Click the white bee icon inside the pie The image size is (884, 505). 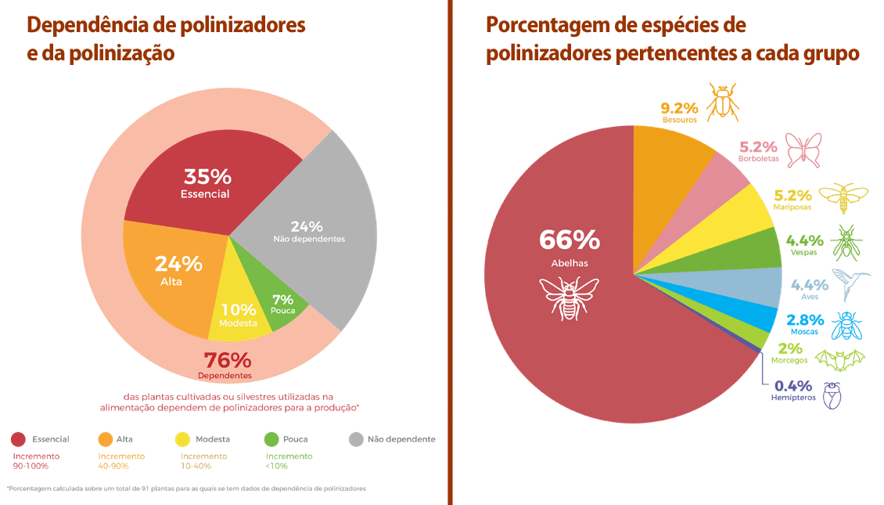(569, 295)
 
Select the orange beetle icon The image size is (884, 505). (723, 102)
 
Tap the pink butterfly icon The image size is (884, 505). (804, 149)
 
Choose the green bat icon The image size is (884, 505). (840, 359)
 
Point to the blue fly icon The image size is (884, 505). (846, 324)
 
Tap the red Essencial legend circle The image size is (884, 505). (20, 439)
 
